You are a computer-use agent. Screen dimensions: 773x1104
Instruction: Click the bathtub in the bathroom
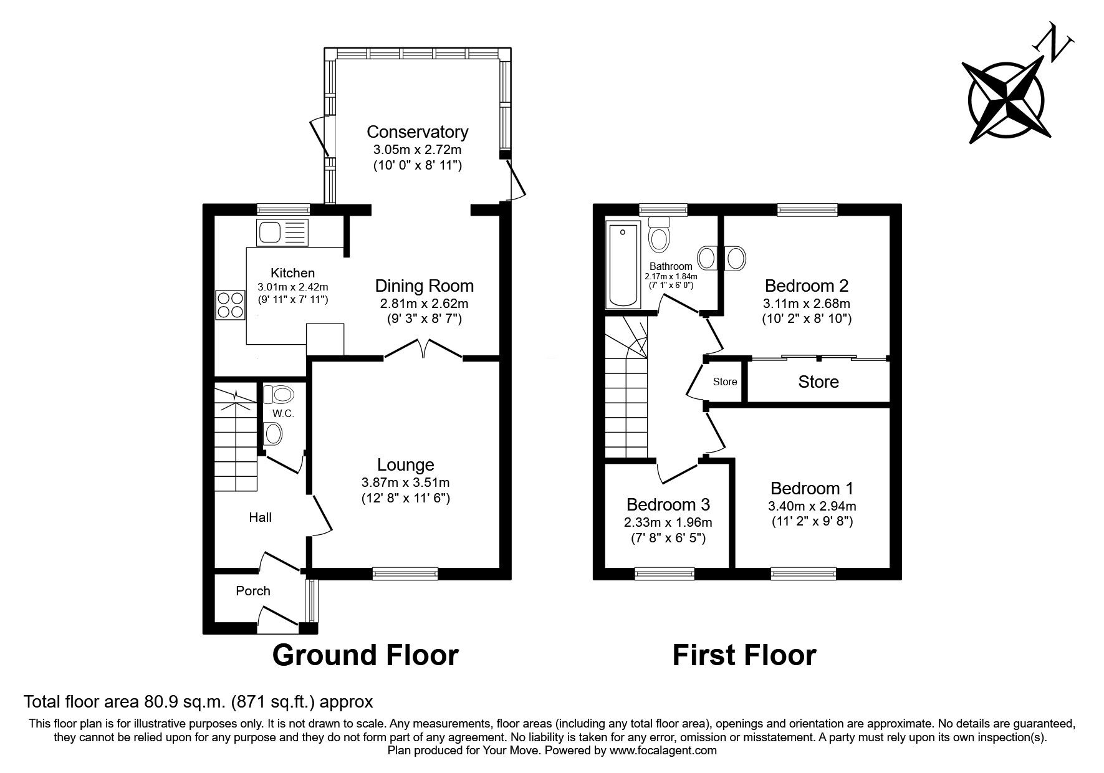[622, 266]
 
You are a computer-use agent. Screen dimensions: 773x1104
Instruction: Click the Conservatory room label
[417, 132]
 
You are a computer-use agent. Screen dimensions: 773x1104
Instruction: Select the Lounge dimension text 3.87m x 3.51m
[405, 482]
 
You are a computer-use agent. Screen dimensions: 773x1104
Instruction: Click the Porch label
[253, 590]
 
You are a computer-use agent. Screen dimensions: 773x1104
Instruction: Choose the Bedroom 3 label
[668, 504]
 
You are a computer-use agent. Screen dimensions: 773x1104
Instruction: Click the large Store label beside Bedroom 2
[818, 382]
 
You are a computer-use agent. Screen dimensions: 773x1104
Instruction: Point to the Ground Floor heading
[365, 655]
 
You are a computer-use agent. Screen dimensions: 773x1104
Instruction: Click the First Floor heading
[744, 655]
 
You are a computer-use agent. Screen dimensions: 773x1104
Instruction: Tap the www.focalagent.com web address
[663, 751]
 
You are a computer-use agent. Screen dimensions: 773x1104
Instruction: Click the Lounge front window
[405, 572]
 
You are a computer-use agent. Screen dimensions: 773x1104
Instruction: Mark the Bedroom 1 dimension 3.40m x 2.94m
[812, 506]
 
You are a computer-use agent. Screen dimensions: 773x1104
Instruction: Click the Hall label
[260, 517]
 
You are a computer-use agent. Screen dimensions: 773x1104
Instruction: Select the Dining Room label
[424, 286]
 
